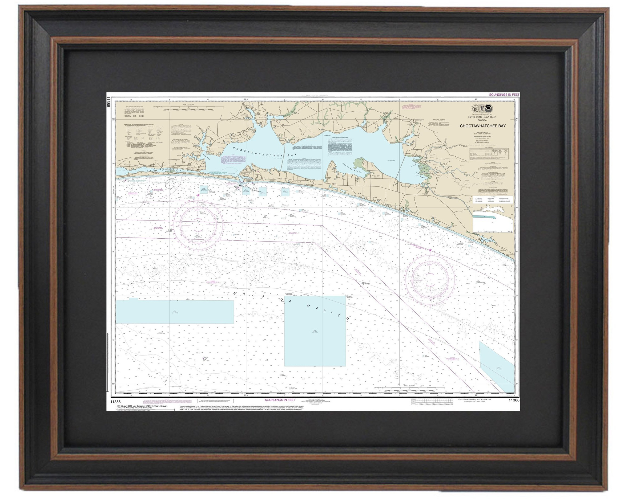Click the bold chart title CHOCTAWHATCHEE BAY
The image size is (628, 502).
[483, 126]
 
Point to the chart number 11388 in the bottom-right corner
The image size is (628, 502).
[514, 400]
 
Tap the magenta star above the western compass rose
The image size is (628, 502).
[198, 195]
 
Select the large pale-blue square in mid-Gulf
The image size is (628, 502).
[315, 331]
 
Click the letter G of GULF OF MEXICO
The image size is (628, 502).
[235, 294]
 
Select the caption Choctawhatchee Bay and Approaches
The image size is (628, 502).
[474, 399]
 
